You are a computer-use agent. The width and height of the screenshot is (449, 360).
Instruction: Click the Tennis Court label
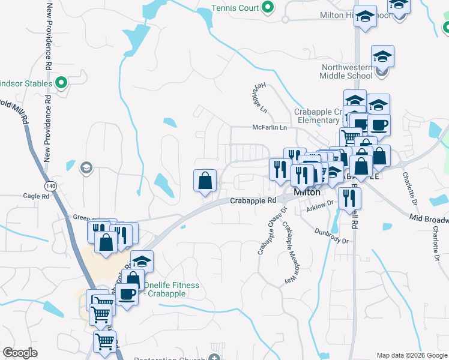235,8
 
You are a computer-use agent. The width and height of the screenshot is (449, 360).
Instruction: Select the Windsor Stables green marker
61,83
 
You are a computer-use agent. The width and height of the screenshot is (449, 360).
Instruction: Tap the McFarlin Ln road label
270,128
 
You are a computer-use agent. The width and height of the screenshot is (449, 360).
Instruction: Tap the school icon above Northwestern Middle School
382,56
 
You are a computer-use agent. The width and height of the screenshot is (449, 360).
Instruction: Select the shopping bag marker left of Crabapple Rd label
205,181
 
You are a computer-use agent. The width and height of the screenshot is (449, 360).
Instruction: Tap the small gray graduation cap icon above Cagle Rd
86,167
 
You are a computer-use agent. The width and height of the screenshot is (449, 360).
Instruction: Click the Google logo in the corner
20,353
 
